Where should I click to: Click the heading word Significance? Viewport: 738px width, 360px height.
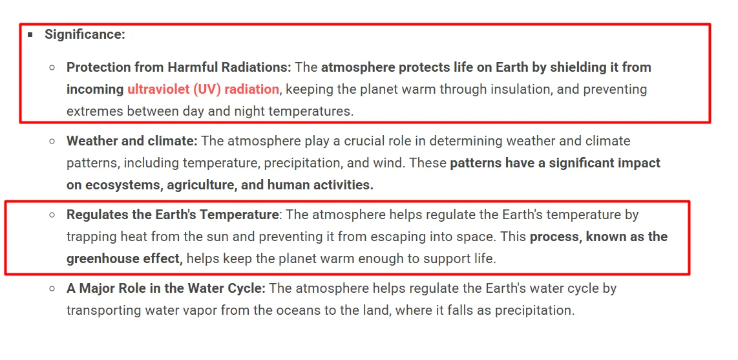85,34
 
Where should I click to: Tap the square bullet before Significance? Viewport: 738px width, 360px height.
30,34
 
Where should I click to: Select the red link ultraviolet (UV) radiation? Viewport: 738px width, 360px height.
204,89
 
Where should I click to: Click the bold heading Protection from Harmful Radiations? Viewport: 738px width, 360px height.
179,67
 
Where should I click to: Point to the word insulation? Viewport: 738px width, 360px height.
521,89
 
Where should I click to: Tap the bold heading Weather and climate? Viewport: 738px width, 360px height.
132,141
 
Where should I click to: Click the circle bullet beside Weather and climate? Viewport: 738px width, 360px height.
52,141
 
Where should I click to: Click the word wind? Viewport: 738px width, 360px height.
390,163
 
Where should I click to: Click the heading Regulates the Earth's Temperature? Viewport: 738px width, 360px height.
173,215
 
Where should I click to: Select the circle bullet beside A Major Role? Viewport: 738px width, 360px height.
52,288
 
